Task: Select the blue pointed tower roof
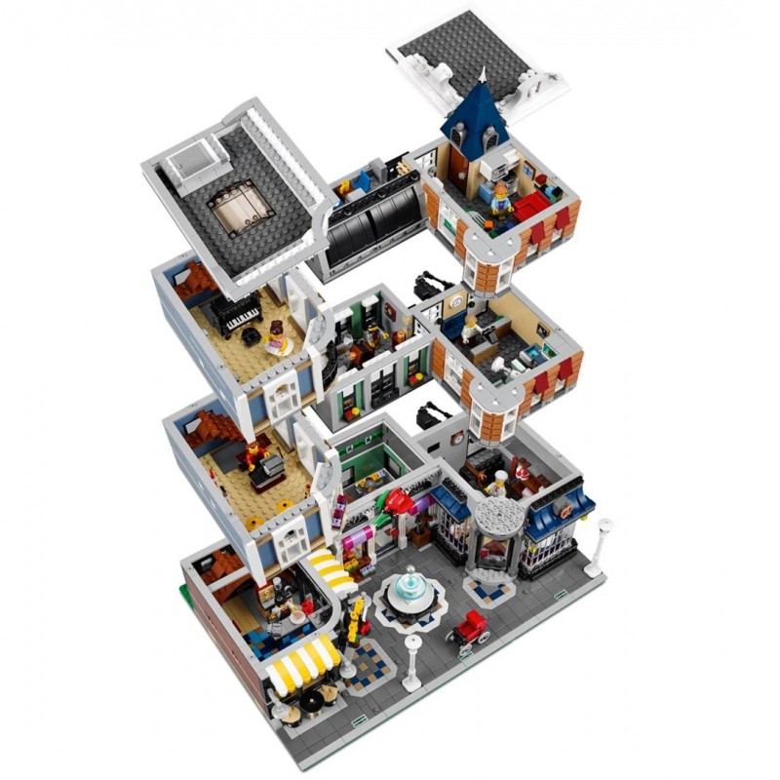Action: [x=475, y=118]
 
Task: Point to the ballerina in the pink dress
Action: [x=276, y=340]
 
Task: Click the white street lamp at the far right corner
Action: [x=604, y=536]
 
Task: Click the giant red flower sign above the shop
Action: [x=399, y=502]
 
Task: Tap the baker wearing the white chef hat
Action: [x=500, y=483]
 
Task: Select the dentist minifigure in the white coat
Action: [x=470, y=328]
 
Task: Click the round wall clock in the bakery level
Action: [x=457, y=440]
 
